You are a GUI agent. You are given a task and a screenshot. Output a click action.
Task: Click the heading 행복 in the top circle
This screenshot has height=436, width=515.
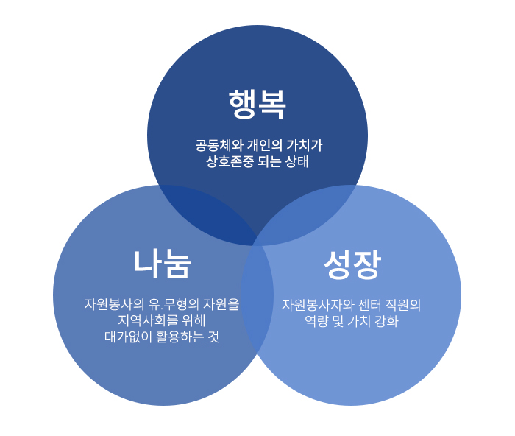click(x=257, y=104)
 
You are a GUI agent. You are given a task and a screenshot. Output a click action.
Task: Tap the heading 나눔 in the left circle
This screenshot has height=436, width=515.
click(x=162, y=263)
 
